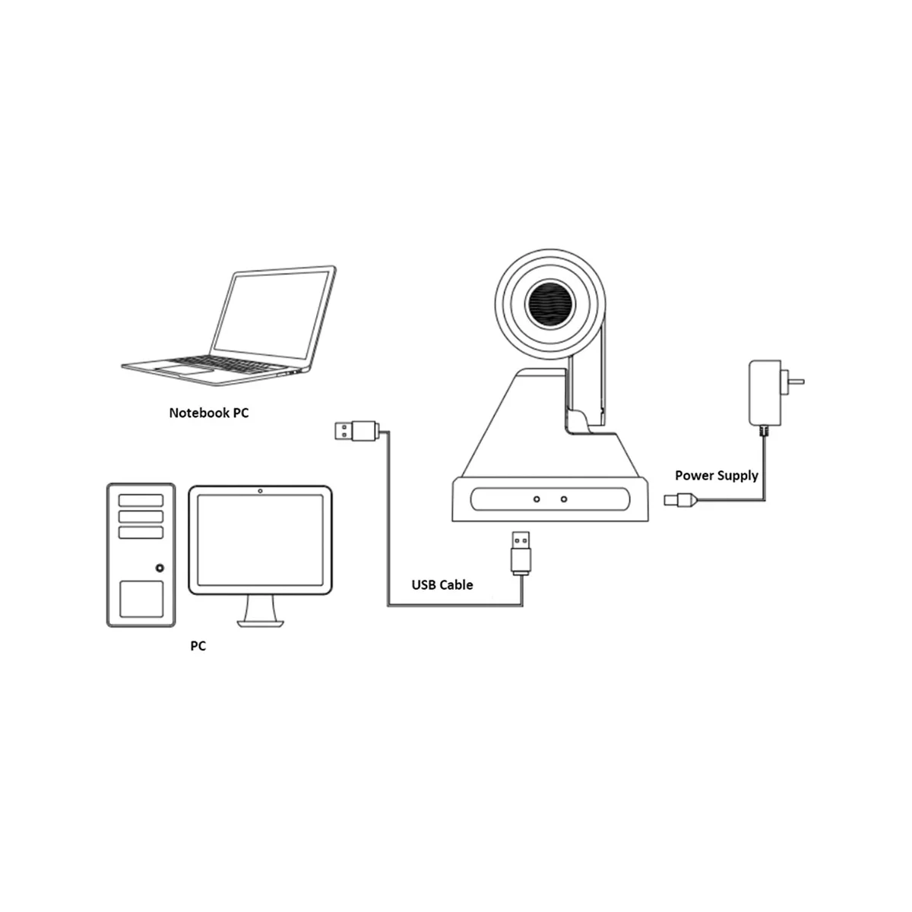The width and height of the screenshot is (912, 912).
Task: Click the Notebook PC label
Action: [x=208, y=413]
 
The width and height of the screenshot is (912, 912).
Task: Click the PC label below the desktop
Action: [x=198, y=646]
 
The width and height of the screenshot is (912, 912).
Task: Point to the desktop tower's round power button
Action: [x=160, y=567]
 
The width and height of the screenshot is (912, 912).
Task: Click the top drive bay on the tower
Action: [x=141, y=499]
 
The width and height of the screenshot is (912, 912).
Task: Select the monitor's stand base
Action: [x=261, y=622]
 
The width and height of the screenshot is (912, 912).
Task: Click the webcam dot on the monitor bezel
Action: [x=261, y=490]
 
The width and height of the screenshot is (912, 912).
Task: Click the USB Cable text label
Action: [x=442, y=584]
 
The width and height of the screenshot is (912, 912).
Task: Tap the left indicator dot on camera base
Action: [x=537, y=499]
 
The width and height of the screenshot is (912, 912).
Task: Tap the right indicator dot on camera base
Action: [x=563, y=499]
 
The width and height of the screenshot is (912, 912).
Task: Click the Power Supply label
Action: [x=717, y=476]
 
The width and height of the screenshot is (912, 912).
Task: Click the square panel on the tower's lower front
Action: [x=141, y=599]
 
